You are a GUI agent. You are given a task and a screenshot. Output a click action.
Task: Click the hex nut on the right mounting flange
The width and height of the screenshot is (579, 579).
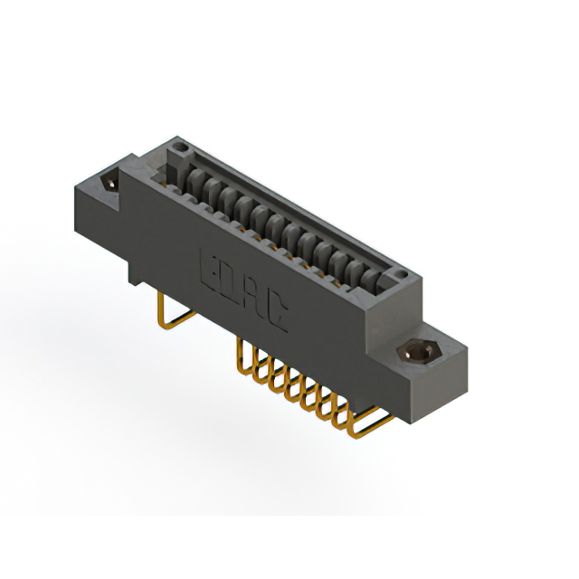418,351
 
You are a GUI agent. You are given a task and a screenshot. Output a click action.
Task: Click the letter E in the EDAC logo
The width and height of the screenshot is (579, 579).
208,269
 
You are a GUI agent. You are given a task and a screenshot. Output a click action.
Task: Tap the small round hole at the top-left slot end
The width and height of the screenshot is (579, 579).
181,145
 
